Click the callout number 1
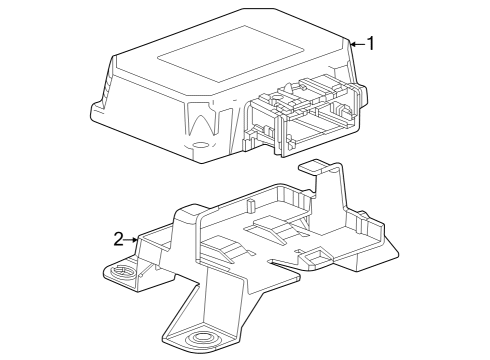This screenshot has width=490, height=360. [371, 43]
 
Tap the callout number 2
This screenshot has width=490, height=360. [118, 238]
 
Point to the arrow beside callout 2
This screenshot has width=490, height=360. [134, 238]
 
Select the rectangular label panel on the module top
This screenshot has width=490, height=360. [235, 49]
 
